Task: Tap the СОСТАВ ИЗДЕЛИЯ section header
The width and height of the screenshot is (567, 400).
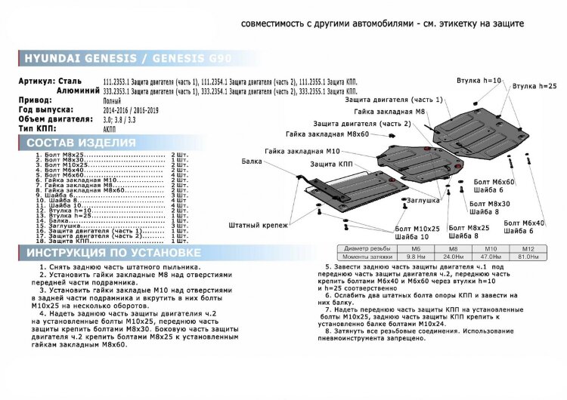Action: point(81,143)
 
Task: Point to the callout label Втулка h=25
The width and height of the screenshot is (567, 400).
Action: point(538,87)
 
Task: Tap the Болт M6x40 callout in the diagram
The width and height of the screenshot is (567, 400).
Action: point(522,223)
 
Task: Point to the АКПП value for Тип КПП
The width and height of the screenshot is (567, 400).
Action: point(109,128)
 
